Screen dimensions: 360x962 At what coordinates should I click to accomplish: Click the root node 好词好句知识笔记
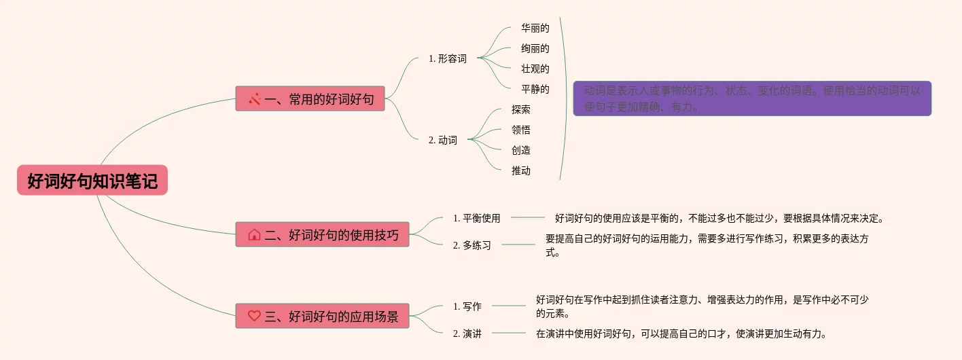pyautogui.click(x=92, y=181)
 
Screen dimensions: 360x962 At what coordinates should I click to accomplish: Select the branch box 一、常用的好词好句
pyautogui.click(x=310, y=98)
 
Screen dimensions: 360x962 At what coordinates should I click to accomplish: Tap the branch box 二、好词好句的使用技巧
pyautogui.click(x=322, y=234)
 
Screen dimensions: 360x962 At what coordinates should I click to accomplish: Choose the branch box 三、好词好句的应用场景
pyautogui.click(x=322, y=316)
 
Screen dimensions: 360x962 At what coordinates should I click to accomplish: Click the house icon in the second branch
pyautogui.click(x=254, y=235)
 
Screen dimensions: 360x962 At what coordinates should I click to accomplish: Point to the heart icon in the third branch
pyautogui.click(x=254, y=316)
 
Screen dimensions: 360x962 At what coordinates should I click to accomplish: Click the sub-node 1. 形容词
pyautogui.click(x=447, y=58)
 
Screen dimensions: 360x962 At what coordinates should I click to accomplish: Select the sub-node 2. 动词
pyautogui.click(x=442, y=140)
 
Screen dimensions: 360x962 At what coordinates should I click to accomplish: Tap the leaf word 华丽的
pyautogui.click(x=535, y=28)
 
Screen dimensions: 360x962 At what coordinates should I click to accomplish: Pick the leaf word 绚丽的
pyautogui.click(x=535, y=48)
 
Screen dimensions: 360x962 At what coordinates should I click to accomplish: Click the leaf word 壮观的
pyautogui.click(x=535, y=69)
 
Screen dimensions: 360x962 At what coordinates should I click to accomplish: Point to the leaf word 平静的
pyautogui.click(x=535, y=89)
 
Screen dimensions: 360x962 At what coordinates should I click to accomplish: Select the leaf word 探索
pyautogui.click(x=521, y=109)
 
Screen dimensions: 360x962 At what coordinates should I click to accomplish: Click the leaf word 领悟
pyautogui.click(x=521, y=130)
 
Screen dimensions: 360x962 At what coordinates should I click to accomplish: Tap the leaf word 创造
pyautogui.click(x=521, y=150)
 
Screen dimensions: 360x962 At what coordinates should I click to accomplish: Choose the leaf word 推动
pyautogui.click(x=521, y=170)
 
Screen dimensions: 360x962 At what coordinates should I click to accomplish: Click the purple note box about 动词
pyautogui.click(x=752, y=98)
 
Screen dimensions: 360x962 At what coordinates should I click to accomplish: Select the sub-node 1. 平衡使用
pyautogui.click(x=476, y=218)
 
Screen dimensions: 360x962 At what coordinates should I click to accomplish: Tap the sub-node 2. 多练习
pyautogui.click(x=471, y=245)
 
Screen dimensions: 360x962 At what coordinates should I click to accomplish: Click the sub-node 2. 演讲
pyautogui.click(x=467, y=334)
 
